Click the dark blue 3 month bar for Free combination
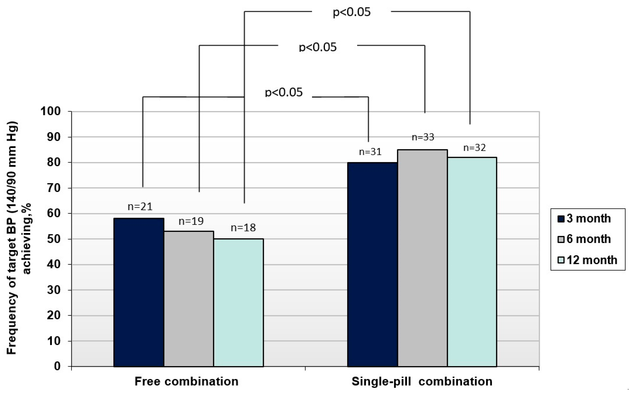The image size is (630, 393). click(139, 292)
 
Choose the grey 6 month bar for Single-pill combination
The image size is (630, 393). click(423, 258)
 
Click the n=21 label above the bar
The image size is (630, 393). click(140, 207)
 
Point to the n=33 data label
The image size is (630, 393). click(423, 137)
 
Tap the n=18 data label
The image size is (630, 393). click(243, 228)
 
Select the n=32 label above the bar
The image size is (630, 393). click(475, 148)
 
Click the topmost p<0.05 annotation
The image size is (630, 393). click(352, 12)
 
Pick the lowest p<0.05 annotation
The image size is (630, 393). click(284, 92)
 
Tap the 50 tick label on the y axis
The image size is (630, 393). click(54, 239)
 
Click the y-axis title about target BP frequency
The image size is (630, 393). click(18, 238)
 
